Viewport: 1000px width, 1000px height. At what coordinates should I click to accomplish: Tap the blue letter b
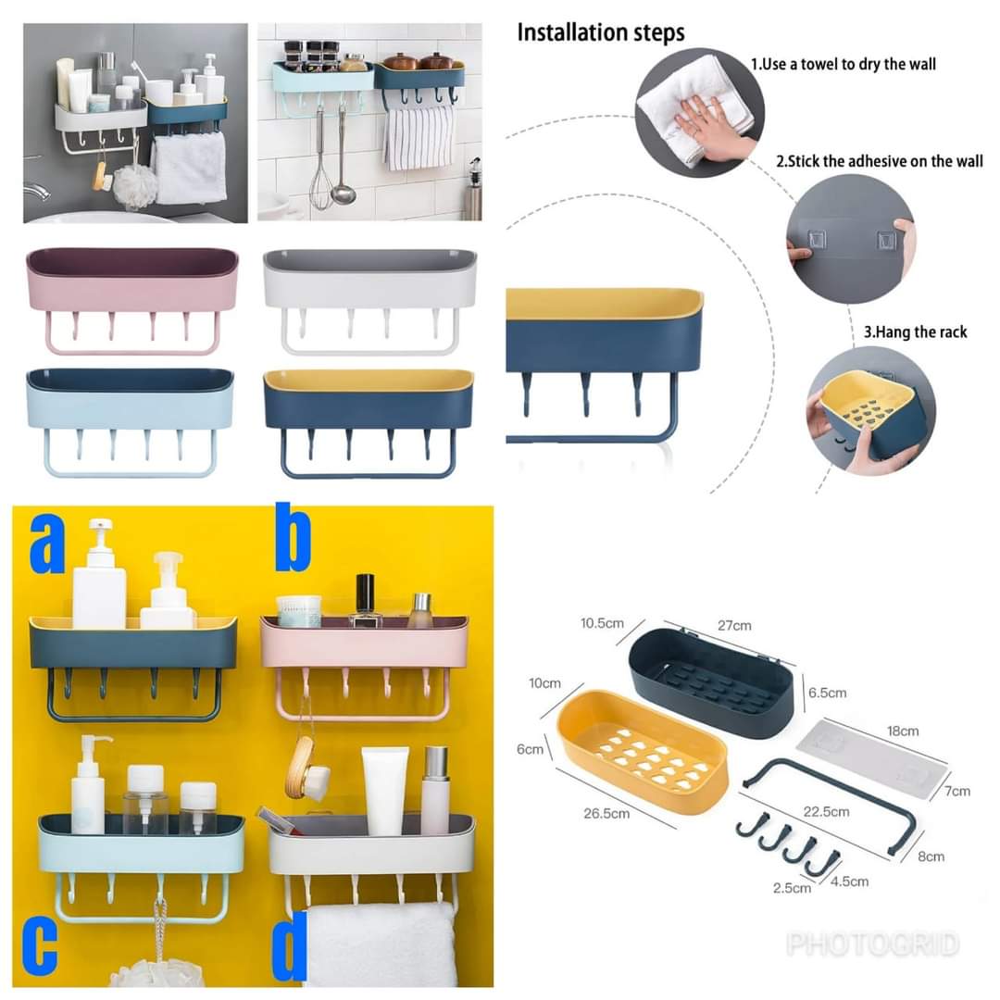pos(292,539)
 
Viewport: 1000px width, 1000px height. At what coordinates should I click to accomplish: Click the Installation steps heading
pos(600,32)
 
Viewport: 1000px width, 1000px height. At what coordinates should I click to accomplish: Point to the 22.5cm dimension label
pos(825,812)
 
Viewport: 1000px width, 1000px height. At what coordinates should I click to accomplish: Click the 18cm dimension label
pos(902,731)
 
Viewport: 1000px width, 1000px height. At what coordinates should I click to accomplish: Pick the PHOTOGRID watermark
pos(872,944)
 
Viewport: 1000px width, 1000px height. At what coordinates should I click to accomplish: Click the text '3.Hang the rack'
pos(915,332)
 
